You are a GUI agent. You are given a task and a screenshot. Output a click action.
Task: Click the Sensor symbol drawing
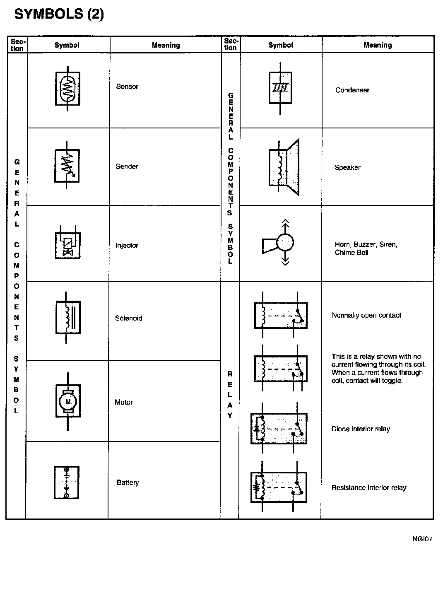coord(67,88)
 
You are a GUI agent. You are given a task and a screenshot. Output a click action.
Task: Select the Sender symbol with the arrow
coord(67,166)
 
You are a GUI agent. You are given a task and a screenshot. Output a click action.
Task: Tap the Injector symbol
coord(67,245)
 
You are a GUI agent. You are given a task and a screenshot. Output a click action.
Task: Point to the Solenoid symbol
coord(67,318)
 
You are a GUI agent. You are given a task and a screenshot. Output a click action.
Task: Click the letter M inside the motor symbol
coord(68,401)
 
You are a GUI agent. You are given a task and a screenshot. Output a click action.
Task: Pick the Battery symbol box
coord(66,482)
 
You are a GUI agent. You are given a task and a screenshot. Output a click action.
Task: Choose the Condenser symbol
coord(280,88)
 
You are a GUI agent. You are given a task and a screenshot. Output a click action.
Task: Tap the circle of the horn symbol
coord(285,242)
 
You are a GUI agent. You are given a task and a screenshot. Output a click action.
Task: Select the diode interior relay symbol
coord(279,428)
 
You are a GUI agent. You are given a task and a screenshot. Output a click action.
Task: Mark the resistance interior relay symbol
coord(279,487)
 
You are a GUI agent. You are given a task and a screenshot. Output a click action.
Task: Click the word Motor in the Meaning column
coord(124,402)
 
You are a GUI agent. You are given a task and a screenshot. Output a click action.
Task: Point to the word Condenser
coord(352,90)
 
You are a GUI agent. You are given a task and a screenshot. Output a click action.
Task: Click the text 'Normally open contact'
coord(366,315)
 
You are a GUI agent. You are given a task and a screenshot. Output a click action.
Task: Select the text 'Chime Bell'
coord(352,253)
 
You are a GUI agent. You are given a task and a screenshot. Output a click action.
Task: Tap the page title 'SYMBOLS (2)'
coord(59,14)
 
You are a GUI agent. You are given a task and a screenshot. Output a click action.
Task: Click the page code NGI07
coord(422,539)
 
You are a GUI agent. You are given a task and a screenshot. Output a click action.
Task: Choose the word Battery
coord(128,482)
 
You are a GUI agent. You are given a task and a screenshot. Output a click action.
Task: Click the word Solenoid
coord(128,318)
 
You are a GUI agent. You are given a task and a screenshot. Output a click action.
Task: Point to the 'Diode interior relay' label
coord(361,429)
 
